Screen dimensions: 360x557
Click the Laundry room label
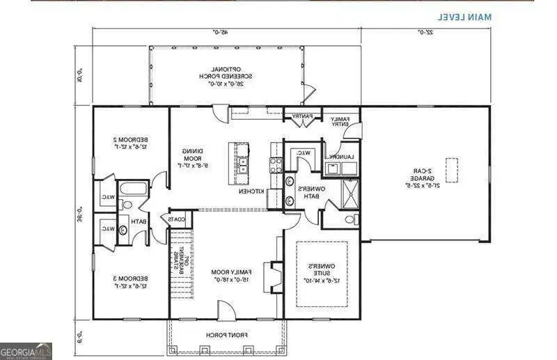[x=343, y=157]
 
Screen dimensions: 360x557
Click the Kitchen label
[x=251, y=190]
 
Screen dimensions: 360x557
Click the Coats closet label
[x=175, y=219]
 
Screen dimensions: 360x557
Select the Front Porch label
[x=226, y=335]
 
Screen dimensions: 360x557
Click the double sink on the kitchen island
[x=242, y=166]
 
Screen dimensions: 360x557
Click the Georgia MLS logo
[x=26, y=351]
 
